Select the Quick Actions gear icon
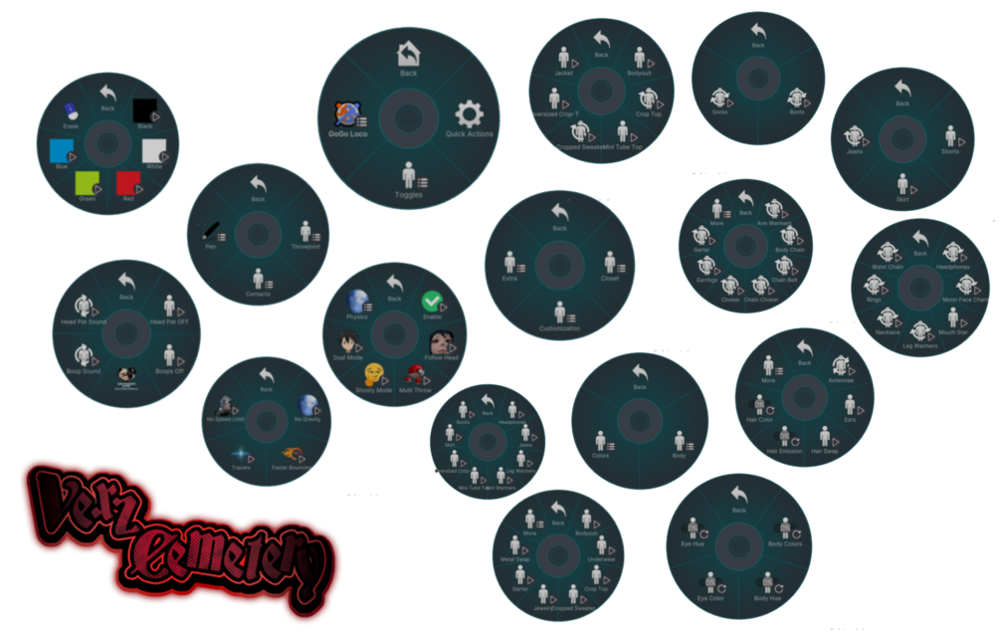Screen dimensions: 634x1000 point(469,112)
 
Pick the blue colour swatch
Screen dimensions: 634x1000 point(62,151)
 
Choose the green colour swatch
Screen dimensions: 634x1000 point(88,181)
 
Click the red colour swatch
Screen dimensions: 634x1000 point(127,182)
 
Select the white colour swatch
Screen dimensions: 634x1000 point(153,151)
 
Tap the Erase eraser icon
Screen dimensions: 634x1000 point(71,110)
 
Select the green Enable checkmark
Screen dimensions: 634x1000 point(432,301)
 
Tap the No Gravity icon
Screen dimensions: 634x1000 point(308,404)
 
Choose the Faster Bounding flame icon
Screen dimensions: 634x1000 point(293,454)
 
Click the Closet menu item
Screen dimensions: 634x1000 point(610,265)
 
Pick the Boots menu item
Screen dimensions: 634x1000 point(797,100)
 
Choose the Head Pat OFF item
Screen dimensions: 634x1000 point(170,305)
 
